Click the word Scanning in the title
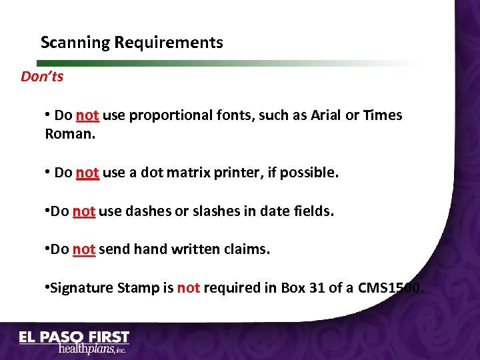tap(75, 43)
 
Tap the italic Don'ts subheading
tap(42, 77)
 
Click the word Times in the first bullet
tap(383, 115)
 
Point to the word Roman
tap(70, 133)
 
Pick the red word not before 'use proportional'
tap(87, 115)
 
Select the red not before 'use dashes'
tap(83, 212)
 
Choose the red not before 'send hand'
tap(83, 250)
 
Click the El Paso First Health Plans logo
tap(74, 342)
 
